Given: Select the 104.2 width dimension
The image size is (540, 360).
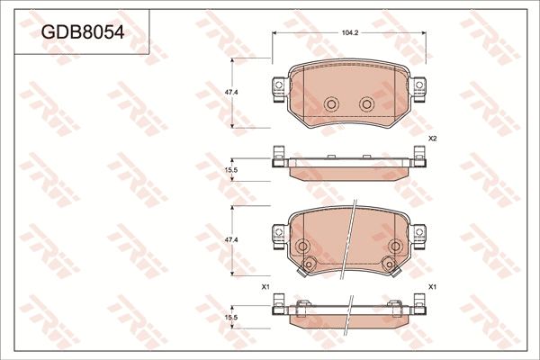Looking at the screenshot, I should [x=349, y=32].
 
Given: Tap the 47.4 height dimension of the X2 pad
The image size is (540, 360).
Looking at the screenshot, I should [x=231, y=92].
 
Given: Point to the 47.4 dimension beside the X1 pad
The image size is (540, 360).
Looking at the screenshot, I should [x=231, y=240].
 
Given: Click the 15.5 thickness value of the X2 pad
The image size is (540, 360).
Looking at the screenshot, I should [x=230, y=169].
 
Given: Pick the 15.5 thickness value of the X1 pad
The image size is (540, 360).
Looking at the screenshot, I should [x=230, y=318].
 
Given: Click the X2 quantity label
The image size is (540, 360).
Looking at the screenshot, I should [x=432, y=139].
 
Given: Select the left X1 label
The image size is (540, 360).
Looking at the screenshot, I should [x=265, y=286].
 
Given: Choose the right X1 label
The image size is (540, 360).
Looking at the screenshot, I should [x=432, y=286].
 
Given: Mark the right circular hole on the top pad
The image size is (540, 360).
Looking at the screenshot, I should [x=366, y=104].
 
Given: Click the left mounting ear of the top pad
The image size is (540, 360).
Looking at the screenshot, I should [x=278, y=87].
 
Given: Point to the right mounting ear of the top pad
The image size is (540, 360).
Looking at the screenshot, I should [x=418, y=87].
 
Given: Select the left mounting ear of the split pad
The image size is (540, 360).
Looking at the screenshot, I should [x=278, y=235].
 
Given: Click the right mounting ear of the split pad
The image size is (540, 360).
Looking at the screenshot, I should [x=418, y=235].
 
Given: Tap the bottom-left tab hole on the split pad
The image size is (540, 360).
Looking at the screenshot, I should [x=309, y=264].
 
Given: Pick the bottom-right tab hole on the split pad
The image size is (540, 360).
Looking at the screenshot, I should [x=388, y=264].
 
